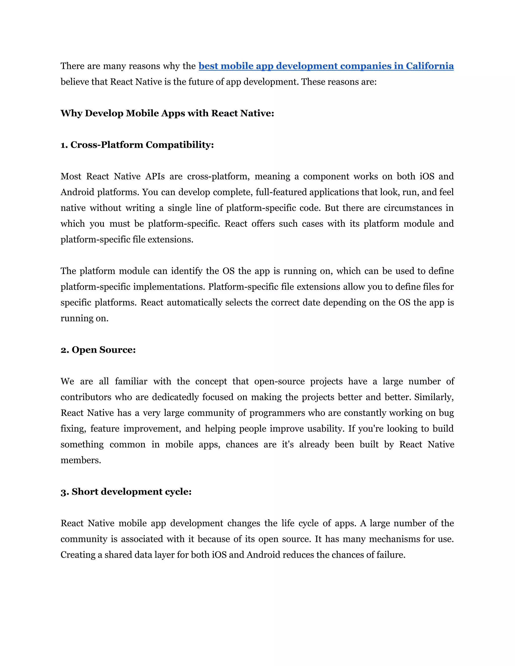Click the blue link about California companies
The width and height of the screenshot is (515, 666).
pyautogui.click(x=326, y=66)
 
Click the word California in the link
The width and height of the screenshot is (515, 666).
pyautogui.click(x=430, y=66)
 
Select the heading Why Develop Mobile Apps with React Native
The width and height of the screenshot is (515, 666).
pyautogui.click(x=167, y=113)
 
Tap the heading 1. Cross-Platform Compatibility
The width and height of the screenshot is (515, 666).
pyautogui.click(x=137, y=145)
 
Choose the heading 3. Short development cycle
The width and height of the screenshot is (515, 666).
pyautogui.click(x=126, y=492)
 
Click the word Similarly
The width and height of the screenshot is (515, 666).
pyautogui.click(x=434, y=397)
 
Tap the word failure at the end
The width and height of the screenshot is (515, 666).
pyautogui.click(x=391, y=555)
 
